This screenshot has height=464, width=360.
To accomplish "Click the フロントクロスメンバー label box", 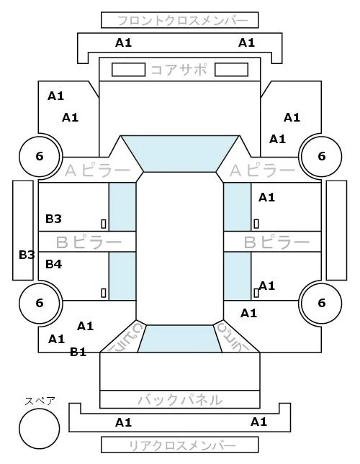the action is [x=180, y=20].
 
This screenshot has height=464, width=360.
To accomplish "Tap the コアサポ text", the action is [x=179, y=70].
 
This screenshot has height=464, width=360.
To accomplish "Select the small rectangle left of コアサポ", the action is [x=128, y=70].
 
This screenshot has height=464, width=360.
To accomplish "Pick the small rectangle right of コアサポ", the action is [x=231, y=70].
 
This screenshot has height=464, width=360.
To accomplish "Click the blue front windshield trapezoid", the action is [x=180, y=153].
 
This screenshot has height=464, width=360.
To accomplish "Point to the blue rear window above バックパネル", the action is [x=180, y=339].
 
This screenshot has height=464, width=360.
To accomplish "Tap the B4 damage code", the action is [x=53, y=264].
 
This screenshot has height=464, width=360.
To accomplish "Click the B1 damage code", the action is [x=78, y=352].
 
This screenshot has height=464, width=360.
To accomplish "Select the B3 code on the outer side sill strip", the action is [x=27, y=255].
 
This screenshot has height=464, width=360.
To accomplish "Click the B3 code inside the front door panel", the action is [x=53, y=219].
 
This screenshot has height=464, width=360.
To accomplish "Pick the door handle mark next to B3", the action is [x=104, y=224].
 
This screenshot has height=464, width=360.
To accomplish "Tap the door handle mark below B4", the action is [x=104, y=293].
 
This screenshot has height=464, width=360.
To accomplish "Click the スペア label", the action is [x=40, y=401].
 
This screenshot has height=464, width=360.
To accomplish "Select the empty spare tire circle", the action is [x=40, y=429].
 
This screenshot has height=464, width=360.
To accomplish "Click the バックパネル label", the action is [x=180, y=400].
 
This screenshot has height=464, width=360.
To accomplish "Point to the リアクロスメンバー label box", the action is [x=180, y=445].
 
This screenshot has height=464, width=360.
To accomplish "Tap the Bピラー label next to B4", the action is [x=89, y=242].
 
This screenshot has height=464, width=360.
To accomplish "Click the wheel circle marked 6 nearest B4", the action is [x=40, y=303].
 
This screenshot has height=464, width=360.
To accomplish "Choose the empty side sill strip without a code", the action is [x=336, y=230].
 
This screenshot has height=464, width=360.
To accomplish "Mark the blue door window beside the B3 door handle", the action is [x=122, y=207].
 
